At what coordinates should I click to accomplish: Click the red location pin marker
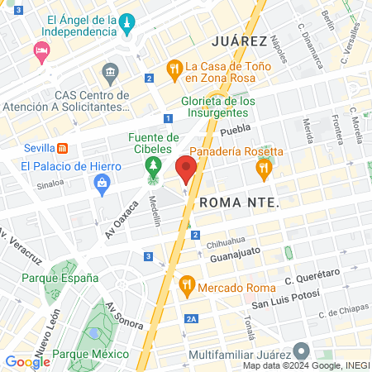[186, 170]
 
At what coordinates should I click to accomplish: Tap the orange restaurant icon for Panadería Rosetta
[264, 169]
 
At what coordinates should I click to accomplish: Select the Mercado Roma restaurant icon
[186, 286]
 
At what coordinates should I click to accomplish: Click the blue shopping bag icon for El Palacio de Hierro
[103, 184]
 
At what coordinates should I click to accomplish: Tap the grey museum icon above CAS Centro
[109, 76]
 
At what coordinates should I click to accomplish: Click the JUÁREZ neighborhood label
[239, 41]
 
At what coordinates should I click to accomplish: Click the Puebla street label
[235, 131]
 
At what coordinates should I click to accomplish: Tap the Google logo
[27, 361]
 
